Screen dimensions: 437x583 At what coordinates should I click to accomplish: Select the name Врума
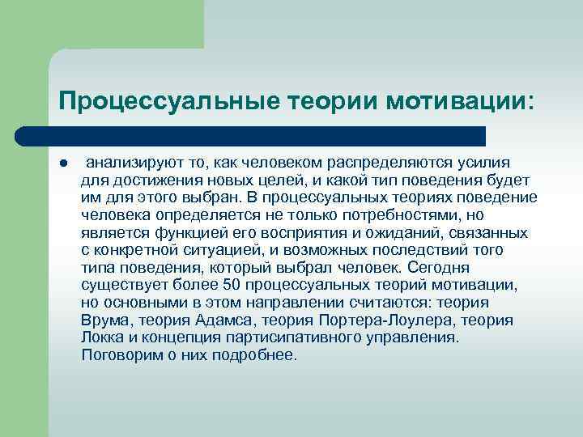click(103, 320)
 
